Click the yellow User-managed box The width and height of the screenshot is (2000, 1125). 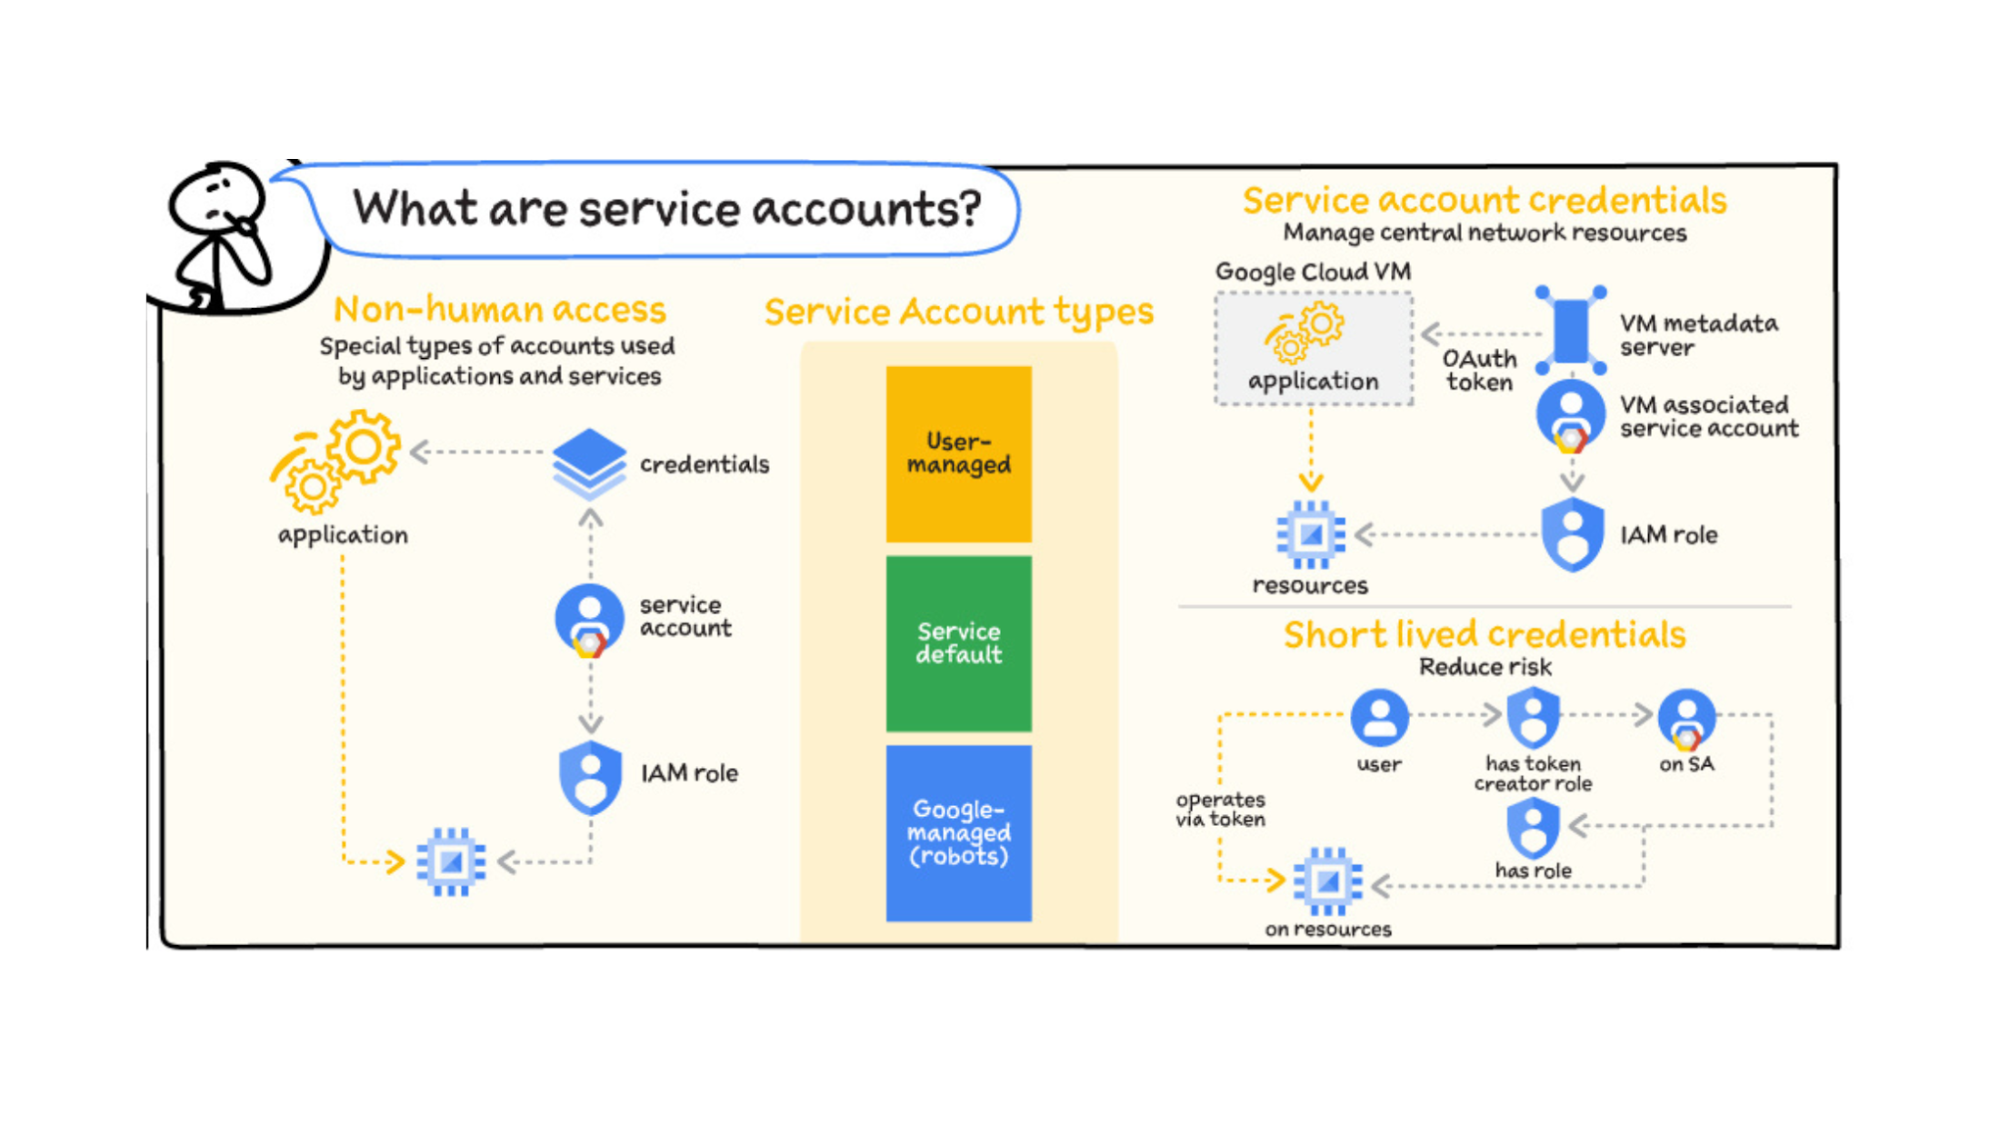coord(958,453)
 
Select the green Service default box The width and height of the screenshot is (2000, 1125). coord(958,643)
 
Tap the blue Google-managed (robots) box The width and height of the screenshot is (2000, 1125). coord(958,832)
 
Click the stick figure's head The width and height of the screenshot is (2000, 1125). coord(216,197)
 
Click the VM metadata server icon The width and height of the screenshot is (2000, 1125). coord(1571,331)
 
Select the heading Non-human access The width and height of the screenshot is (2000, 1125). coord(500,310)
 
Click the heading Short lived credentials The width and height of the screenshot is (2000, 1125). coord(1485,634)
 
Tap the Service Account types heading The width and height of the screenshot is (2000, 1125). coord(958,312)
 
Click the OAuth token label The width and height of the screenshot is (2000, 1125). coord(1480,371)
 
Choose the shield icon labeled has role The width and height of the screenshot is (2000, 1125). coord(1533,828)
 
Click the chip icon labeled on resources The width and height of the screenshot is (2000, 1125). coord(1327,881)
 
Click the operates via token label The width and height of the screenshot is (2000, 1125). coord(1220,809)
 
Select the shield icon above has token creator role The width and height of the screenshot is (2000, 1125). coord(1533,717)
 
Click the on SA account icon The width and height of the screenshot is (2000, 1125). coord(1686,718)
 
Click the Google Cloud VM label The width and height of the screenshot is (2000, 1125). coord(1313,272)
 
